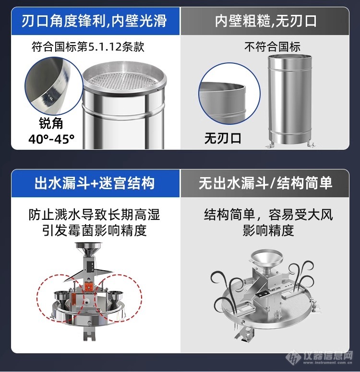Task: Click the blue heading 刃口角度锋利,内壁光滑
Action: (94, 21)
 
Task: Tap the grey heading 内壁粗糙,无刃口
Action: (265, 21)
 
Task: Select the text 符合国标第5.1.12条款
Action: (88, 47)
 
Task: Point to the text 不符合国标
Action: (272, 47)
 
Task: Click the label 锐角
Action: (51, 123)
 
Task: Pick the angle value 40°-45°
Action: (51, 139)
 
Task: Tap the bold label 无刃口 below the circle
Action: (223, 138)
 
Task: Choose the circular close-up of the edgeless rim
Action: (229, 94)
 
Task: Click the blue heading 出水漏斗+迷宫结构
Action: (95, 183)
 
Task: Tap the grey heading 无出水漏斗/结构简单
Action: (265, 183)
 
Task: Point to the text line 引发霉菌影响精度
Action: (94, 230)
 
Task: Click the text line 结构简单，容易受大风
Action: (268, 215)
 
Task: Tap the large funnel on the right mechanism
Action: (267, 261)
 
